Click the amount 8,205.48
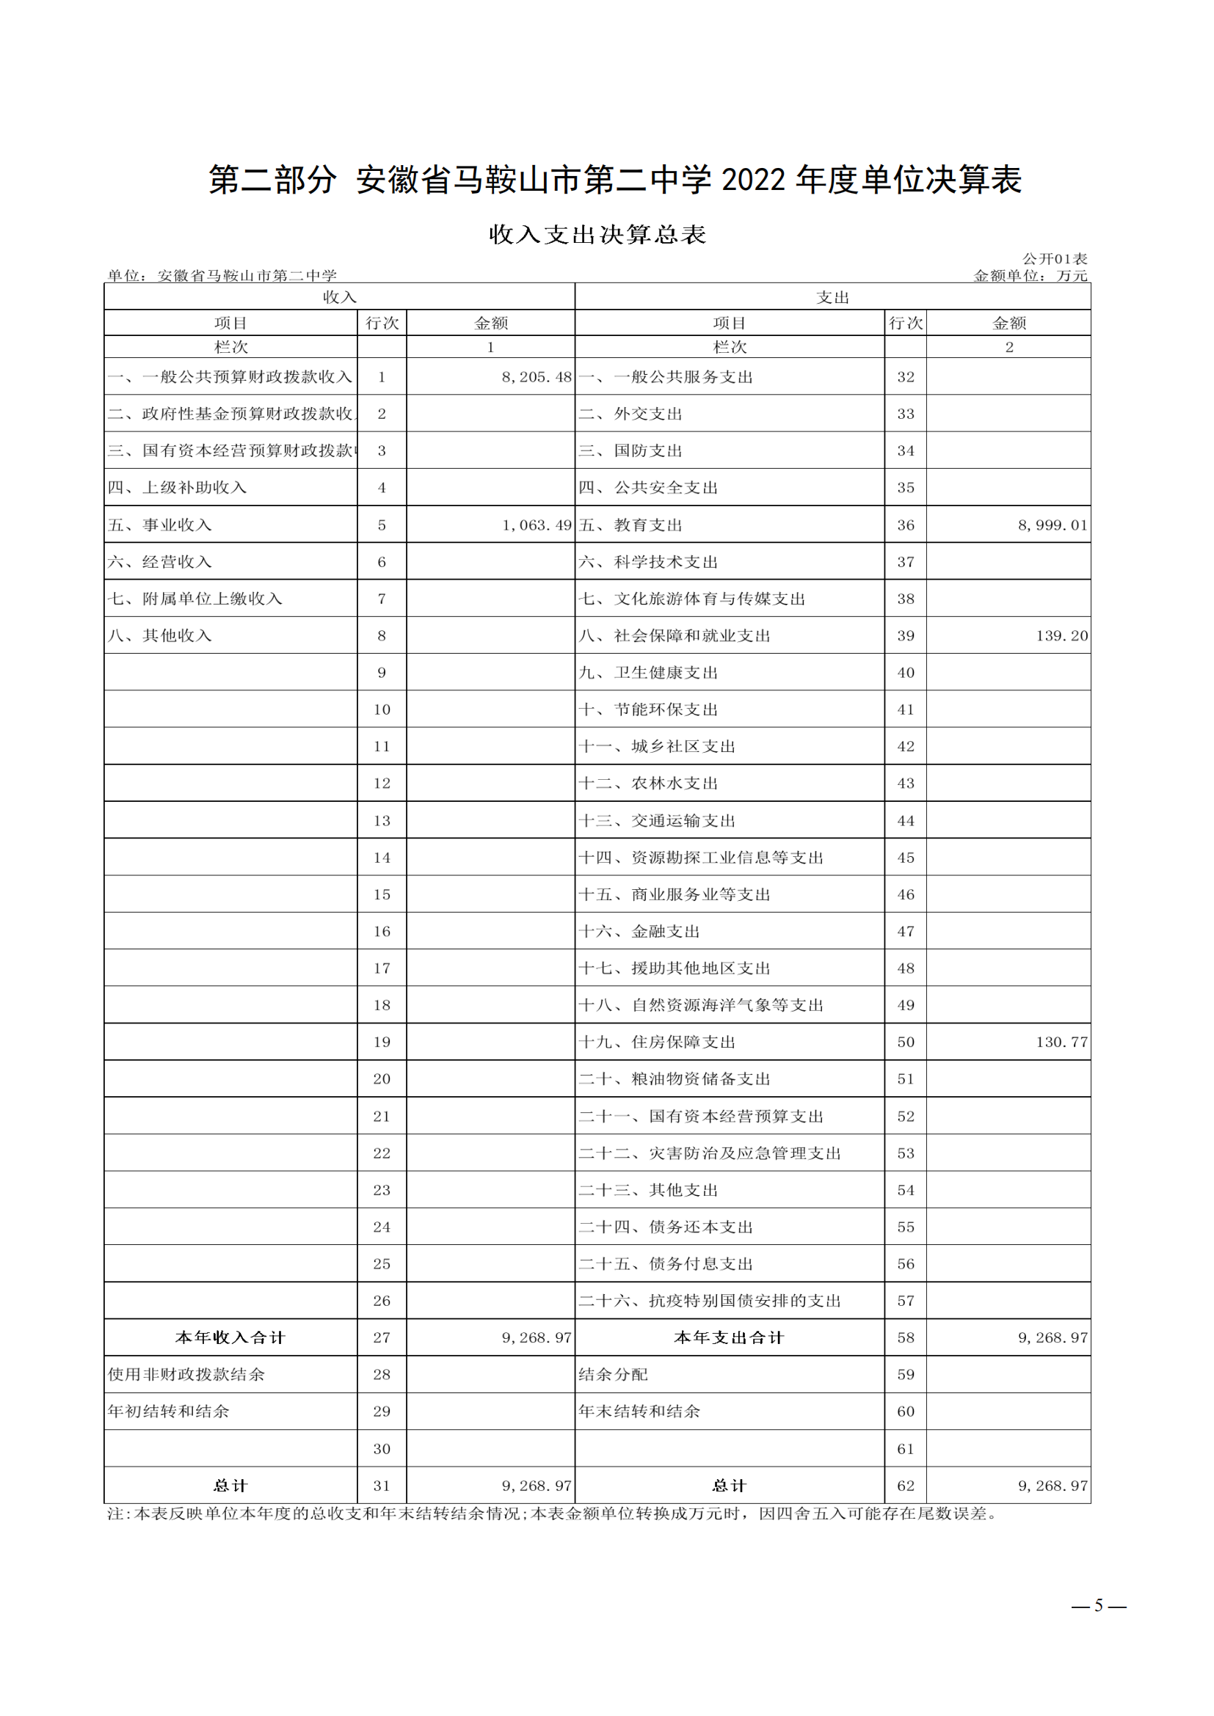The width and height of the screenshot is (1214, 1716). click(536, 376)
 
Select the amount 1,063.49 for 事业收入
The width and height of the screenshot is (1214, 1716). click(536, 525)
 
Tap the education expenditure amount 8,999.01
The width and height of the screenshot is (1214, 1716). click(1052, 525)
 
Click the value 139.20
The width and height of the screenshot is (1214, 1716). click(1061, 635)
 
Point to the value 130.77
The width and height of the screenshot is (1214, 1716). click(1061, 1041)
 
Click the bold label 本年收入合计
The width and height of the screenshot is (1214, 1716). click(230, 1337)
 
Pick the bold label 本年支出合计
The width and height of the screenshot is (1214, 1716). click(729, 1337)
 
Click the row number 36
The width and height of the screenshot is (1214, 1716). click(905, 525)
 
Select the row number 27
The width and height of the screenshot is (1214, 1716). click(381, 1337)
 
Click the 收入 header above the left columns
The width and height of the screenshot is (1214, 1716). click(339, 296)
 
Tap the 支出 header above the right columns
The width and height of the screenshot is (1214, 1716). click(832, 296)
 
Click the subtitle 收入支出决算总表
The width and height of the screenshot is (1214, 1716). click(597, 235)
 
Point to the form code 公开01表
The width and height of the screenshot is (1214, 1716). click(1054, 258)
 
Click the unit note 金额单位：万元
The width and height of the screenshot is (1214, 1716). click(1029, 276)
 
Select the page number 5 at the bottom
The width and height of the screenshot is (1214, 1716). click(1098, 1604)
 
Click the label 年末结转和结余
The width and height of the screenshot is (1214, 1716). click(639, 1411)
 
